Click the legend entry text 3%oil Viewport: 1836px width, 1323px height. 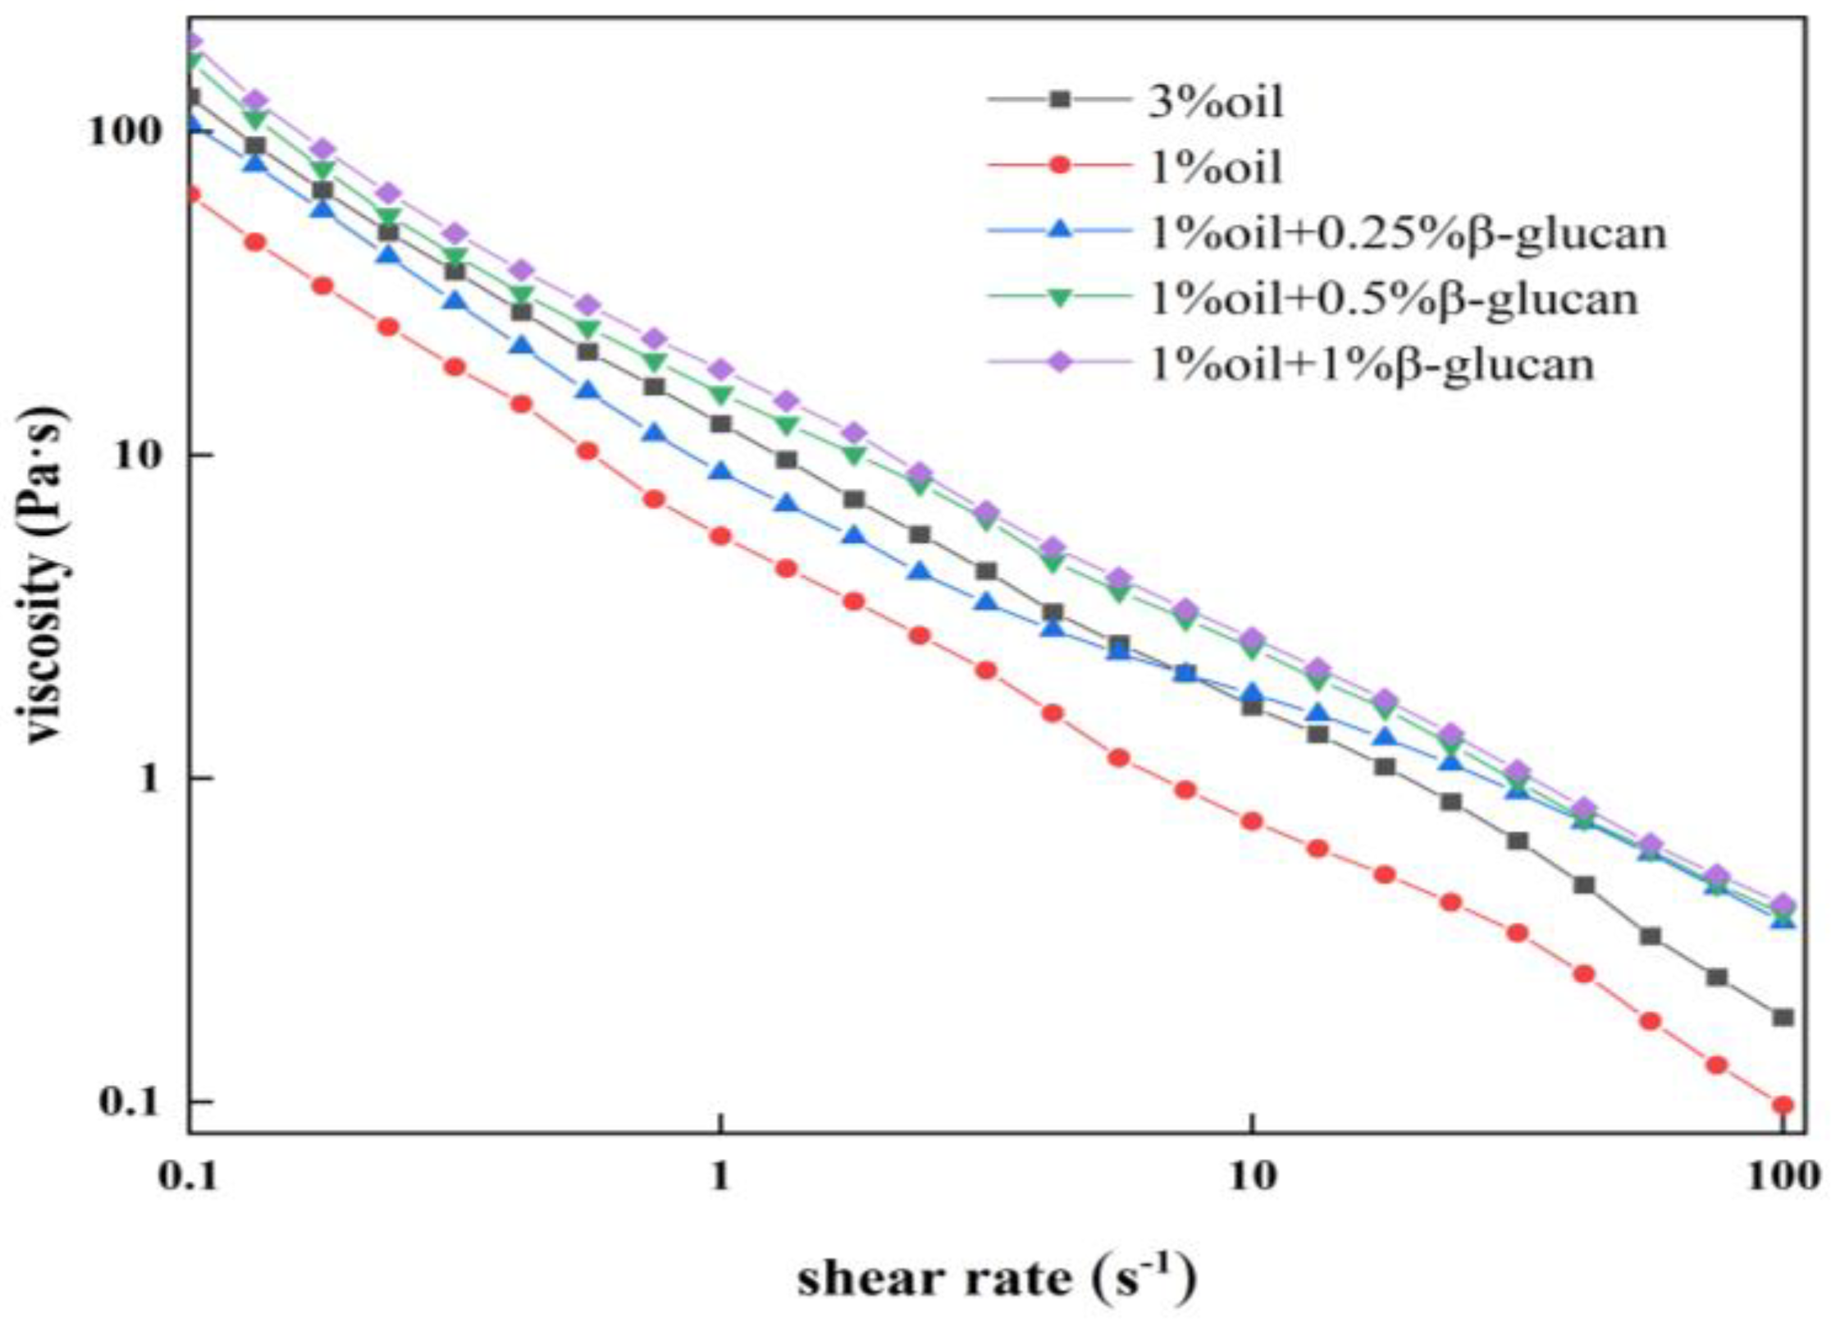pyautogui.click(x=1215, y=103)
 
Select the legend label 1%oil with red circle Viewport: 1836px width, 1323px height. pyautogui.click(x=1214, y=167)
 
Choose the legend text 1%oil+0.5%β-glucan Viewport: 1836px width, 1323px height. pyautogui.click(x=1394, y=299)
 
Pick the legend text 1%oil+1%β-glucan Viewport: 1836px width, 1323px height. pyautogui.click(x=1372, y=364)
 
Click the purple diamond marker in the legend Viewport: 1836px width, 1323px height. pyautogui.click(x=1061, y=362)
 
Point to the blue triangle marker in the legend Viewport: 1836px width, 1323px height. pyautogui.click(x=1061, y=231)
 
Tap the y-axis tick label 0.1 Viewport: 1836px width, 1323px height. pyautogui.click(x=127, y=1101)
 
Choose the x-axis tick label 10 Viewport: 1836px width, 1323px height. pyautogui.click(x=1251, y=1177)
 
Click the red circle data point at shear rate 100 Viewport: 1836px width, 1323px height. pyautogui.click(x=1782, y=1106)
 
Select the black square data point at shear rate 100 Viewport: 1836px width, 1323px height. pyautogui.click(x=1782, y=1018)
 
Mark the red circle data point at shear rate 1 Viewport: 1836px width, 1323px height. pyautogui.click(x=720, y=536)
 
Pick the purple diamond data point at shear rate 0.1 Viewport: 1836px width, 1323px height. pyautogui.click(x=191, y=41)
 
